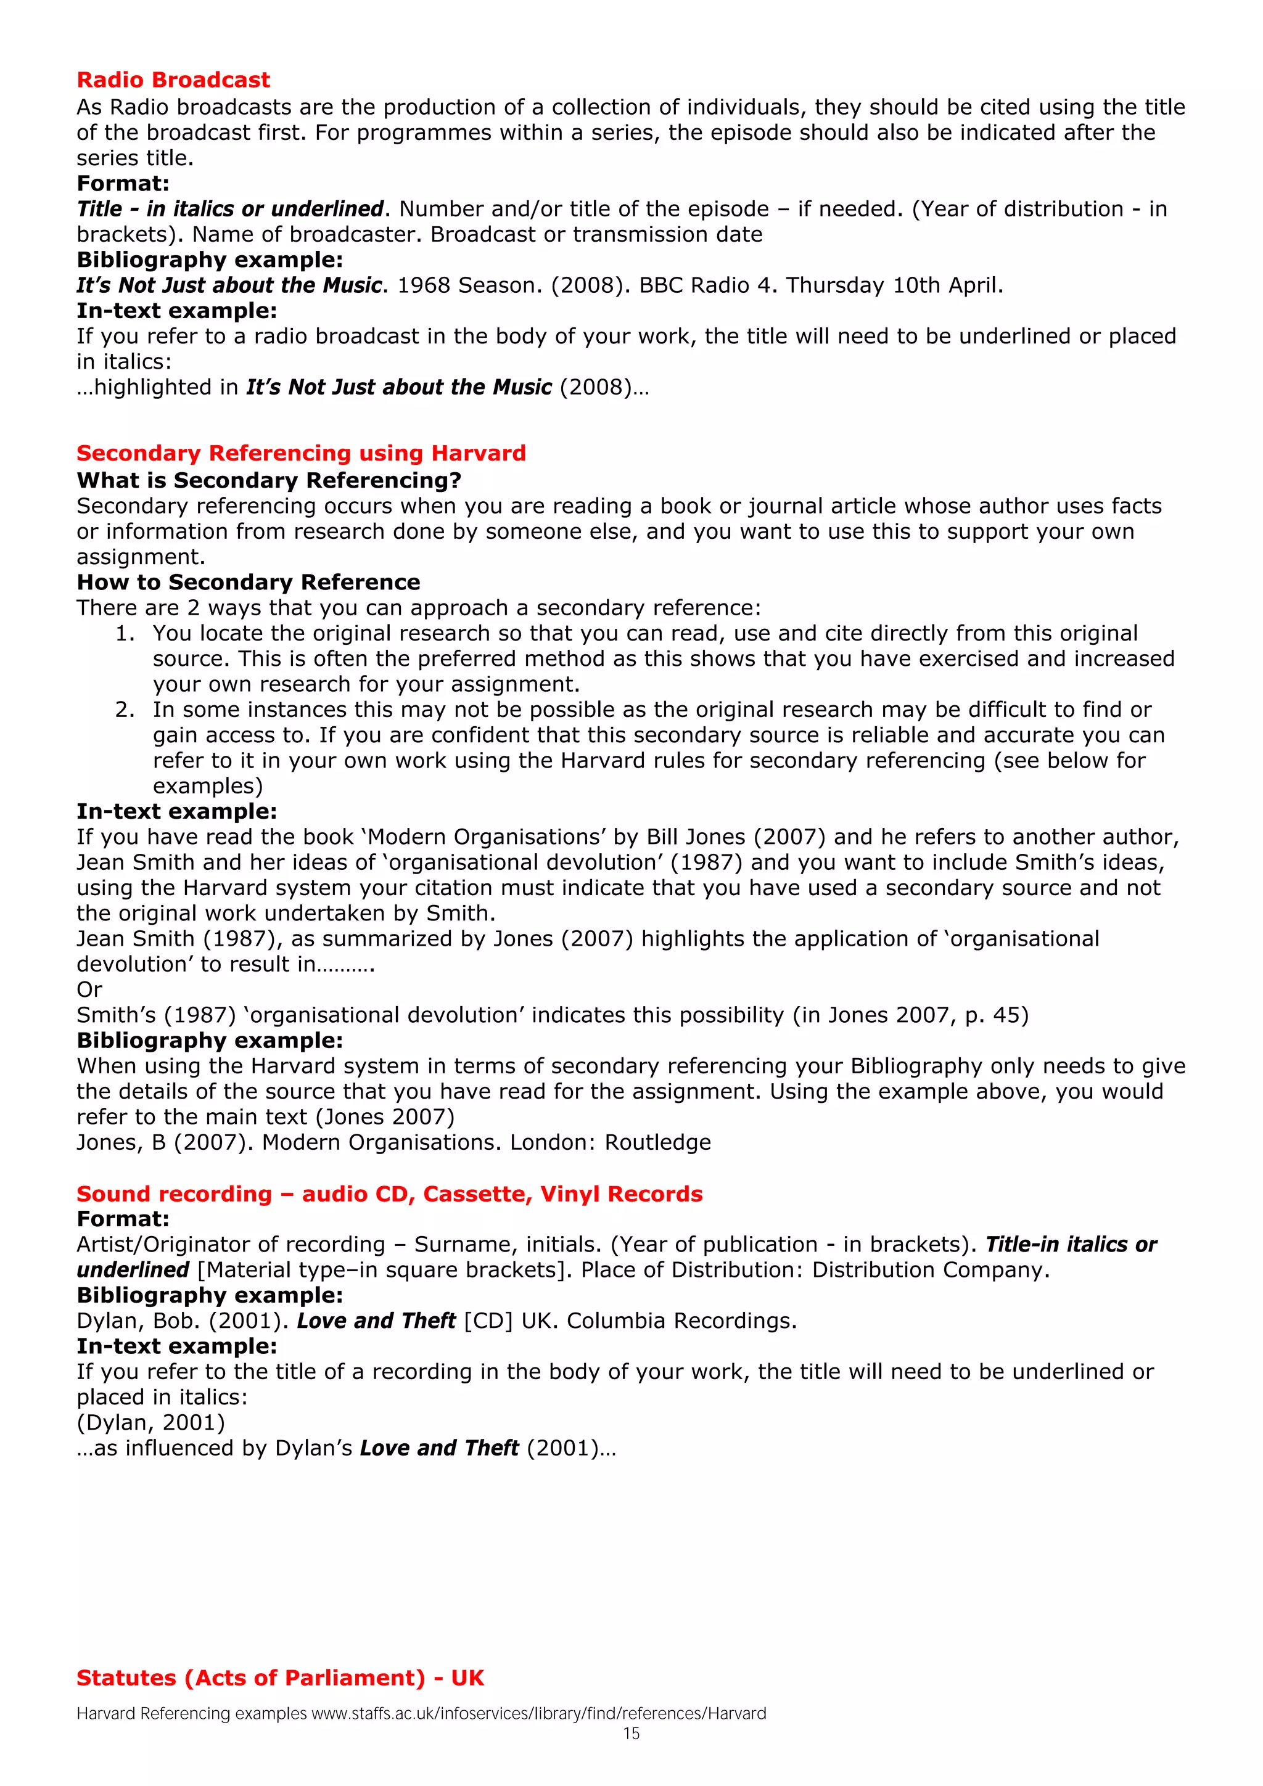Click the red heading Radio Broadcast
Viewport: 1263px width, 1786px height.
(173, 80)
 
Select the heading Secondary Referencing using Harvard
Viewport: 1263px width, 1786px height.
(301, 454)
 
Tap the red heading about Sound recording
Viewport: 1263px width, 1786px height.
(389, 1194)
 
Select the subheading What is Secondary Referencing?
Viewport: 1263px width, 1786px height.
(268, 481)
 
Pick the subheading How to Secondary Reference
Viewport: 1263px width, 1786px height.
(249, 583)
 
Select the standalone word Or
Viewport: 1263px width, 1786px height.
(89, 990)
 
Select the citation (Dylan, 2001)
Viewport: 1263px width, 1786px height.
(151, 1423)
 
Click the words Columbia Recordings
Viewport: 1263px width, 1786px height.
(681, 1321)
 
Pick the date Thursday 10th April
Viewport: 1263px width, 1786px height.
(894, 285)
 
